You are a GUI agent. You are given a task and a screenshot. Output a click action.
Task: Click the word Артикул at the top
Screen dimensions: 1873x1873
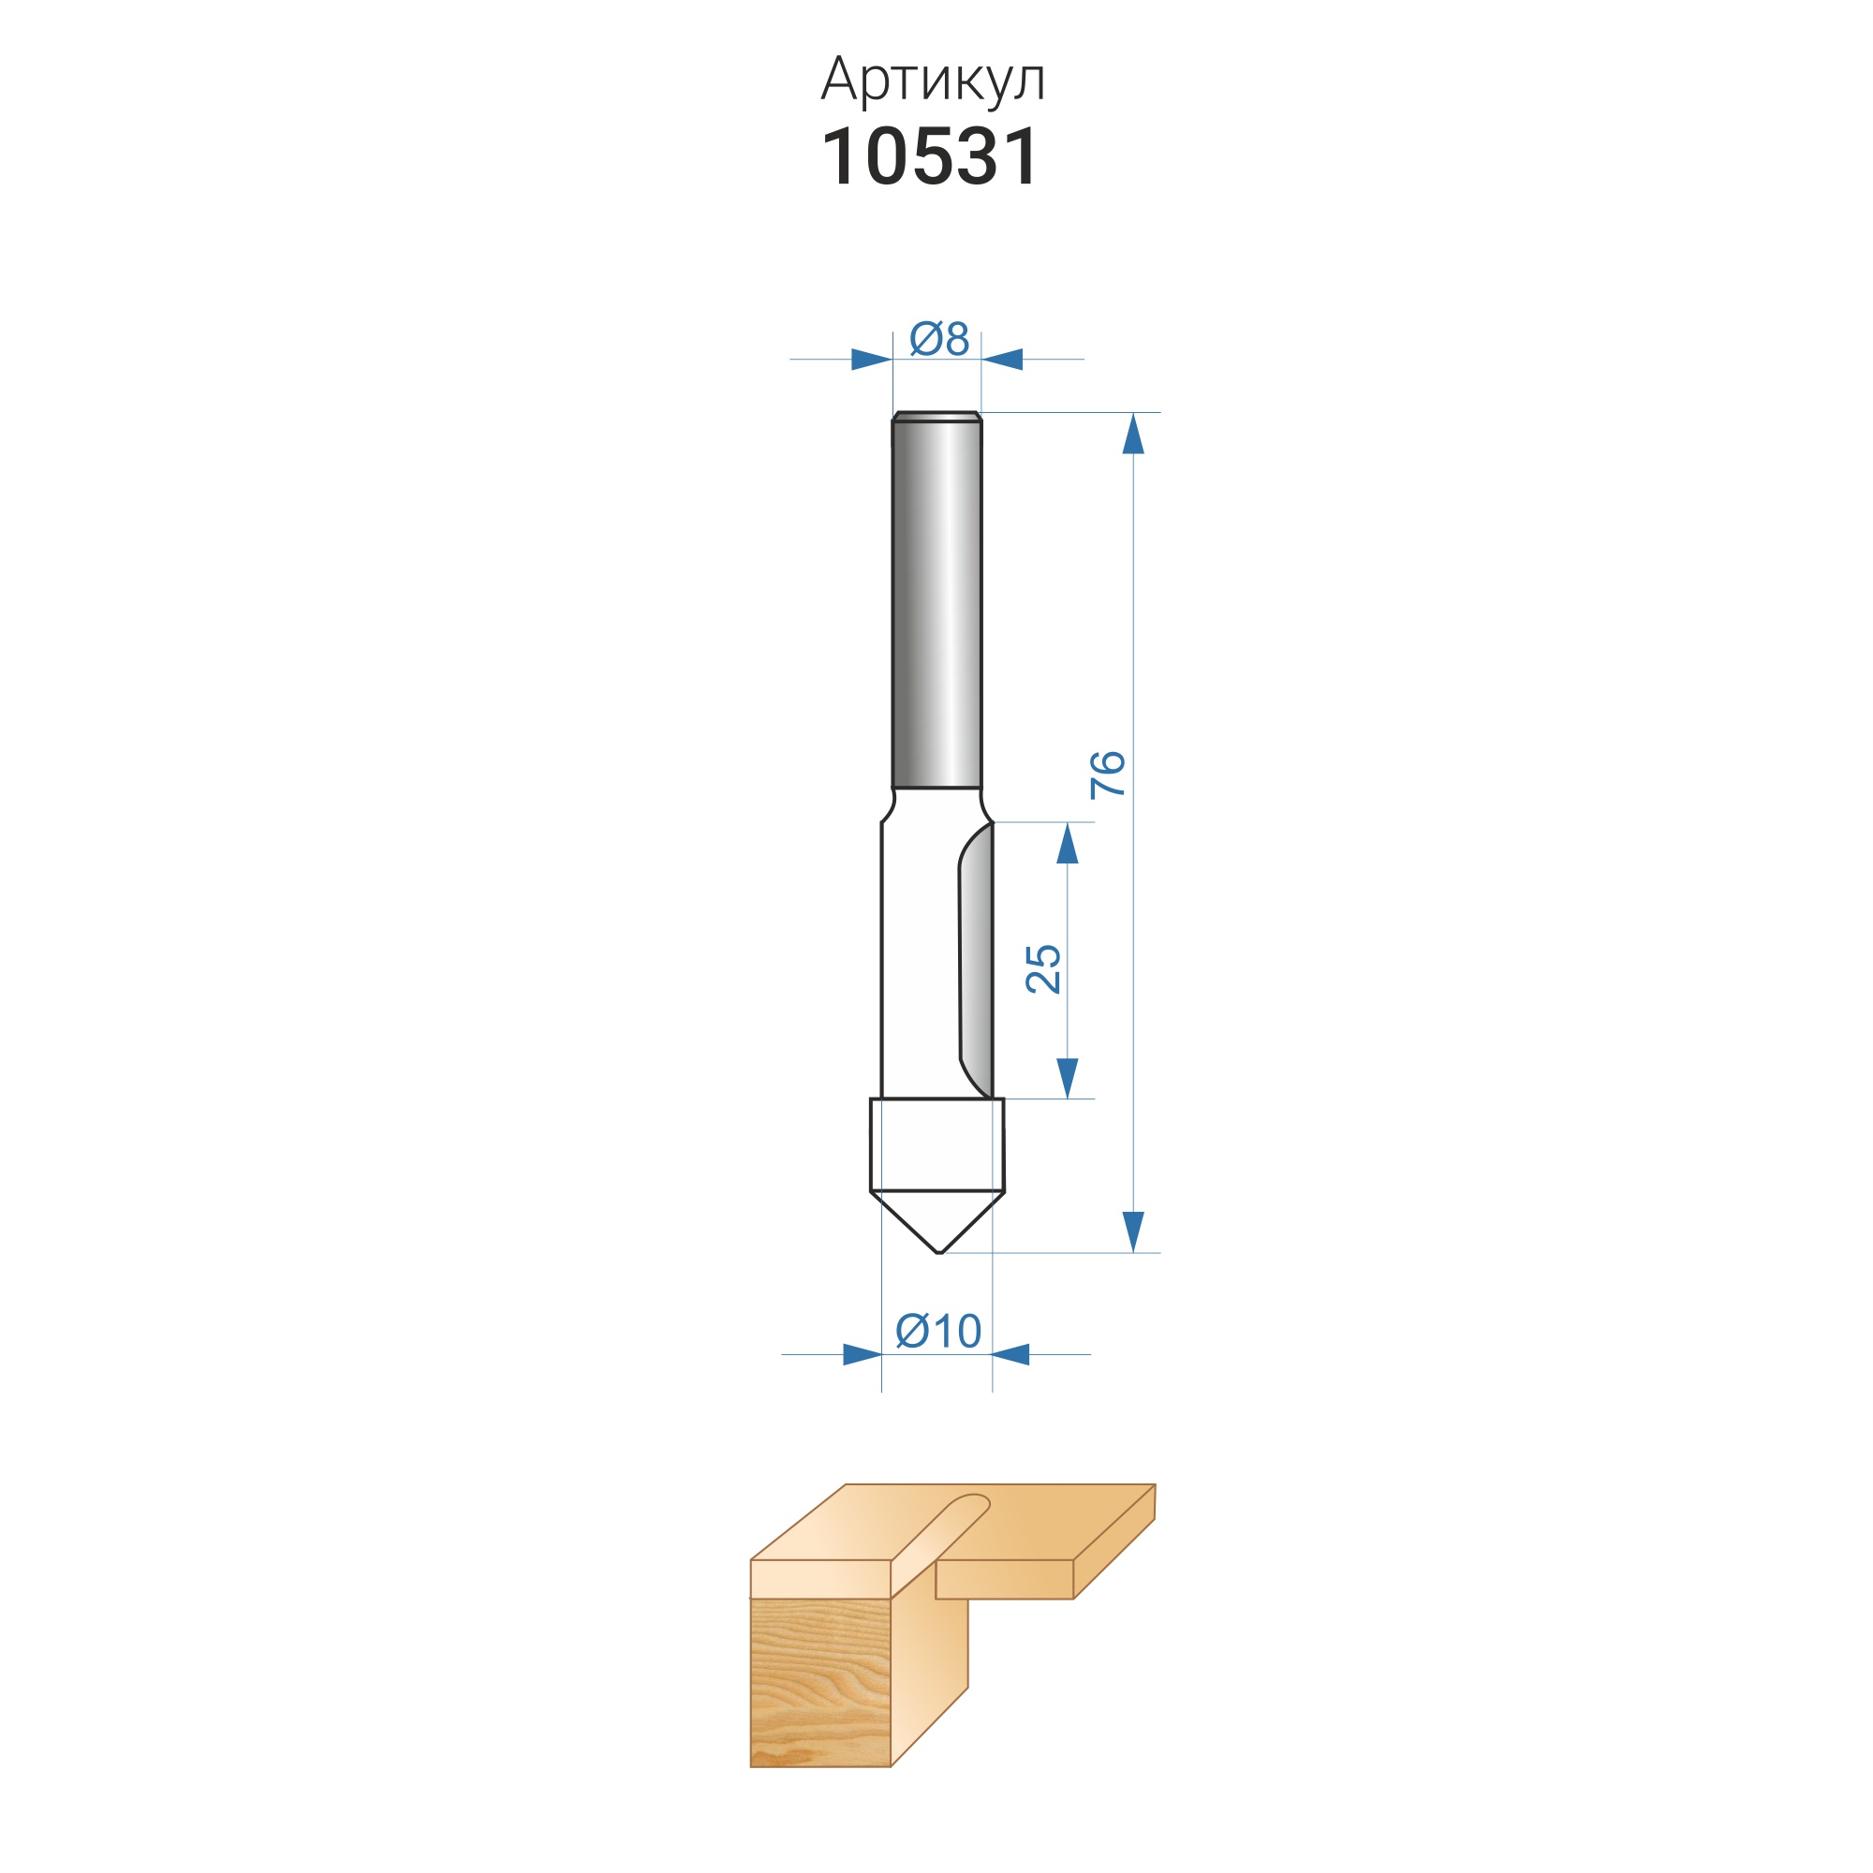(933, 80)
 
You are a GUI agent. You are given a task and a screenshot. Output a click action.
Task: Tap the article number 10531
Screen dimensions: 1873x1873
(930, 157)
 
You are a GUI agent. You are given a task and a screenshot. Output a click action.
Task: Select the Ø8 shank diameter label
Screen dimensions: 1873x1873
(939, 338)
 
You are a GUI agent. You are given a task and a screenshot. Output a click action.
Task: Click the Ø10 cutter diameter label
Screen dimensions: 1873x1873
(937, 1331)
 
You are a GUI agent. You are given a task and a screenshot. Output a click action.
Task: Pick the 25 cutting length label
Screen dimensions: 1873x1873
(1042, 968)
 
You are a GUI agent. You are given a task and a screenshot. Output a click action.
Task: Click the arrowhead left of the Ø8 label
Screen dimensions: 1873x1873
(872, 360)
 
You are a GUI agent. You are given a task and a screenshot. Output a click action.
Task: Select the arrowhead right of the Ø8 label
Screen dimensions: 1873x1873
(1001, 360)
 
